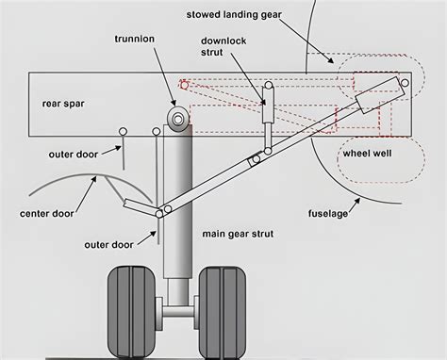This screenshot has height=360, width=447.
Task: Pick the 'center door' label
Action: pyautogui.click(x=47, y=214)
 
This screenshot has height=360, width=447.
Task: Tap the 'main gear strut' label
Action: pyautogui.click(x=239, y=232)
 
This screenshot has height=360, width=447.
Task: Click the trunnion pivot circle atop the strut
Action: pyautogui.click(x=175, y=119)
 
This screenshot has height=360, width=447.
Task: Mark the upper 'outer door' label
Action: pyautogui.click(x=74, y=153)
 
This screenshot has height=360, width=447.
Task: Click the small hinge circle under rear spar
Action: pyautogui.click(x=123, y=130)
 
